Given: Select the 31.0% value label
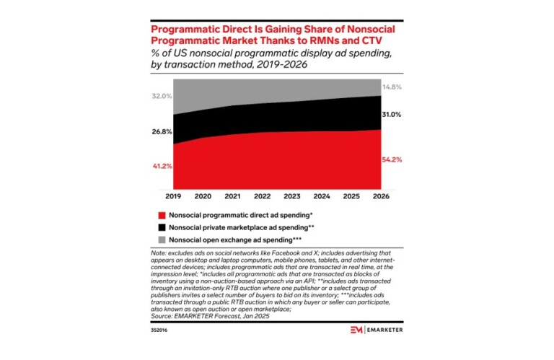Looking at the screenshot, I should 392,115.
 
